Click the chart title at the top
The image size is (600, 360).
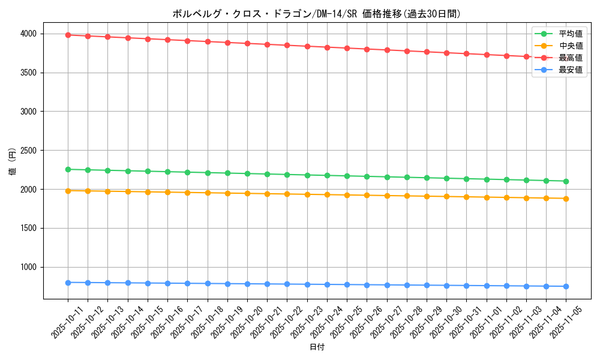pos(316,14)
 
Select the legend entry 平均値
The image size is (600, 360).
pos(570,34)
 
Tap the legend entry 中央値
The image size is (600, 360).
pos(570,46)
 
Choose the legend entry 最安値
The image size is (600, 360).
pos(570,70)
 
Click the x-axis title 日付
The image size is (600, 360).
pos(317,347)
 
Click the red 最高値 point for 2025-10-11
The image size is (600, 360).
pos(68,35)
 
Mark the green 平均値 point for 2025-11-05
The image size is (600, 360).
pos(566,181)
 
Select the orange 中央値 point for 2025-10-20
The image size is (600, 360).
pos(247,193)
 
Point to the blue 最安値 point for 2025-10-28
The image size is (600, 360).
pos(407,285)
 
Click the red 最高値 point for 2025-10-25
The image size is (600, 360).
pos(347,48)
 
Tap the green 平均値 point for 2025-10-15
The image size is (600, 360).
pos(148,171)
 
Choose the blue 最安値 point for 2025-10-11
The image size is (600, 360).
pos(68,283)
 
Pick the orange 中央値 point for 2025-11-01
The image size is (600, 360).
pos(487,197)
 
